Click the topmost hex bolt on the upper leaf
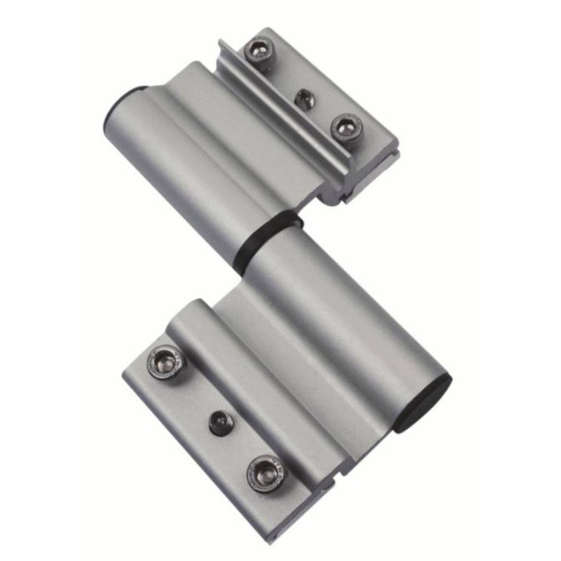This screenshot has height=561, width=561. coord(258,50)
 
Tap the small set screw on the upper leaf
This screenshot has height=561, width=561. coord(305,99)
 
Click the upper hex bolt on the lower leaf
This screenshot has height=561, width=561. coord(165,362)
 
